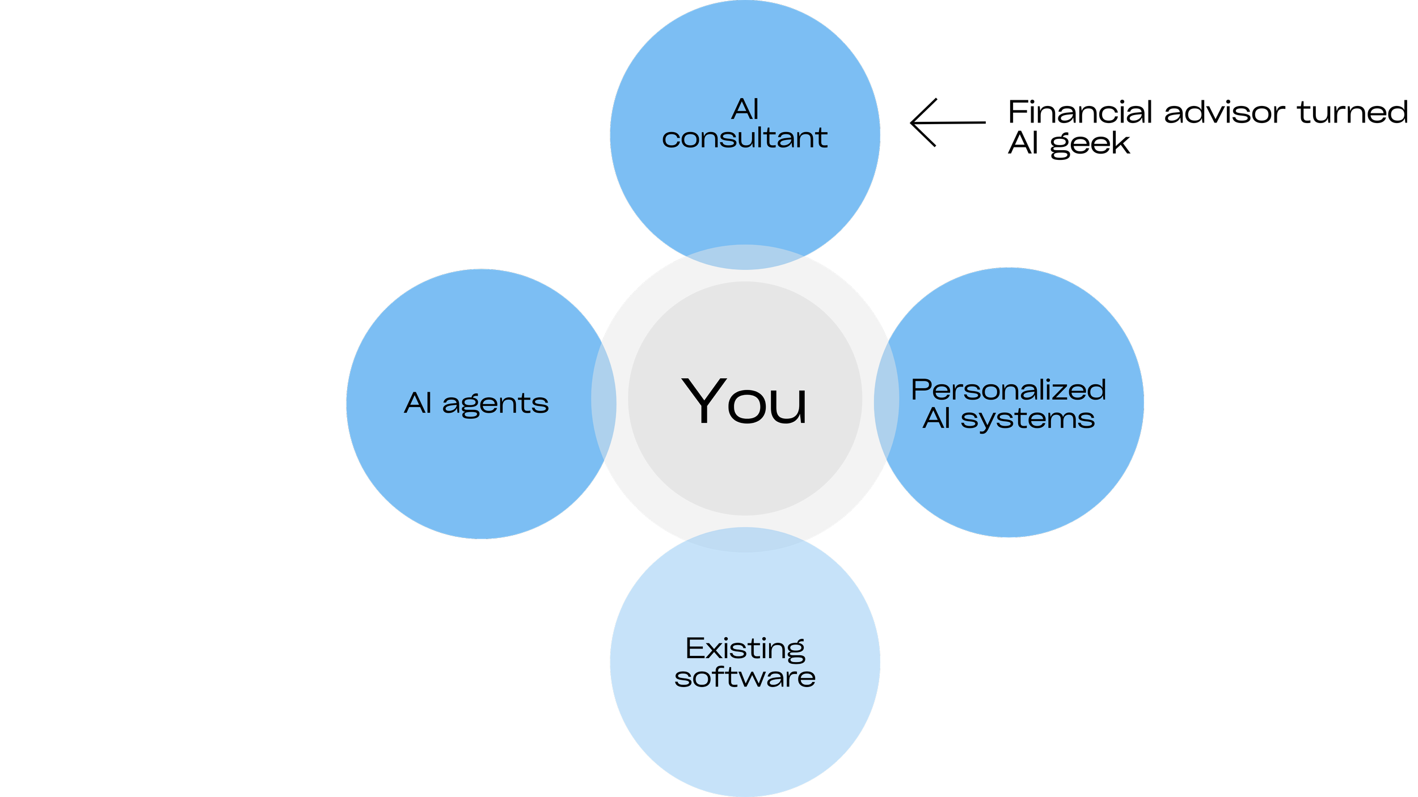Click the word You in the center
click(744, 401)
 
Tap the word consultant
click(744, 138)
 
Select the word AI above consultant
click(744, 109)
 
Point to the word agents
click(495, 404)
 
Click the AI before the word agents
click(418, 403)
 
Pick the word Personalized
click(1008, 390)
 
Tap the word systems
click(1027, 420)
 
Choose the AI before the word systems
click(936, 418)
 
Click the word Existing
click(745, 648)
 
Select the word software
click(745, 677)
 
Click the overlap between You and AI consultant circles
click(745, 257)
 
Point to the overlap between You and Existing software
click(745, 540)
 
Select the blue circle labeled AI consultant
click(745, 187)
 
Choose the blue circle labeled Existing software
click(745, 731)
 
